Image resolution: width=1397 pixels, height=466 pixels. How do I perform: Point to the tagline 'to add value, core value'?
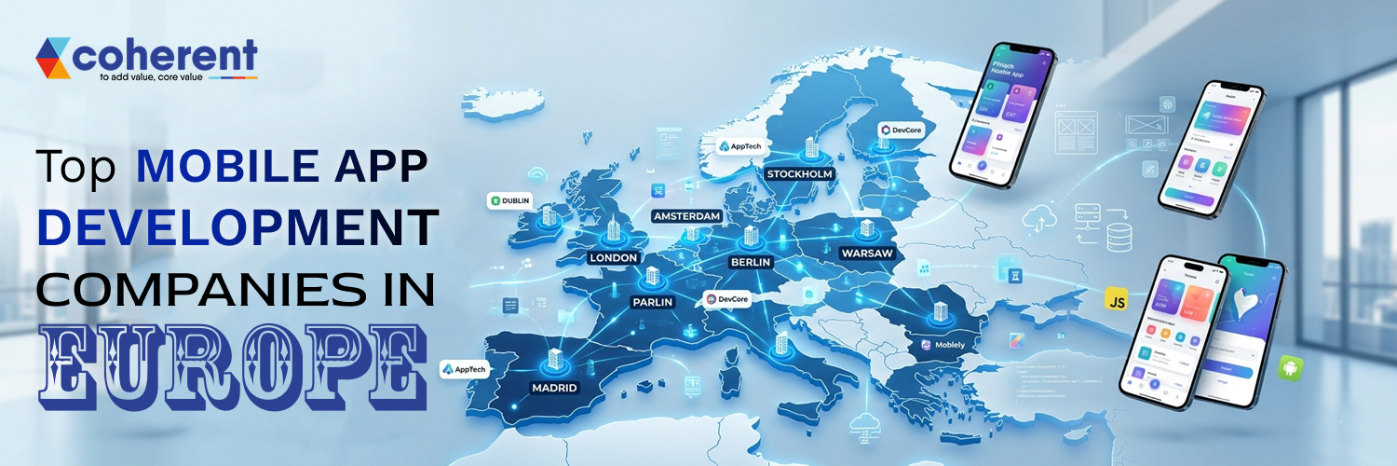pos(152,78)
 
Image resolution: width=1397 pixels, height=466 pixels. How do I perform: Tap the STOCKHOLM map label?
pos(798,173)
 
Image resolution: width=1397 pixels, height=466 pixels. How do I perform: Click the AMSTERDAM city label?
pos(687,216)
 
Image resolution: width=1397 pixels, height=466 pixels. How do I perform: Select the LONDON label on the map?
pos(614,257)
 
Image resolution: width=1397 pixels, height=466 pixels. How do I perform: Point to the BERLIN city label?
pos(750,262)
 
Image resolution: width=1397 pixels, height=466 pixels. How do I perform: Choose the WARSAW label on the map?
pos(867,253)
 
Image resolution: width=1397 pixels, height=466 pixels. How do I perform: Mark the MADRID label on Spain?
pos(554,387)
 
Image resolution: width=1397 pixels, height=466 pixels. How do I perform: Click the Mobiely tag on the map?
pos(943,345)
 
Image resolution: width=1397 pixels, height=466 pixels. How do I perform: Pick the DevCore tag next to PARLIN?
pos(728,299)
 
